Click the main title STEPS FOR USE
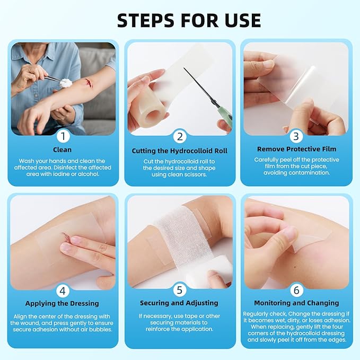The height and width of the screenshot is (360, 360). (x=189, y=20)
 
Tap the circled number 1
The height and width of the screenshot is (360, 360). (x=63, y=136)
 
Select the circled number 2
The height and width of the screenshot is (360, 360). (x=180, y=137)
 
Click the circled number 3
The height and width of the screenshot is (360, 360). (x=296, y=136)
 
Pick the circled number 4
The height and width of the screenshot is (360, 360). (x=63, y=290)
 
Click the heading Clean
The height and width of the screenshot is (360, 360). (x=63, y=150)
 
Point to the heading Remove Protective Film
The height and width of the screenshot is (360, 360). (x=296, y=150)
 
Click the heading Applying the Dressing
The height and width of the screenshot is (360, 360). (x=63, y=303)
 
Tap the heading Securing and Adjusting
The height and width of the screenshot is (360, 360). (x=179, y=303)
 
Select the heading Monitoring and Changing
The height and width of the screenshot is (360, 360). (x=297, y=303)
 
